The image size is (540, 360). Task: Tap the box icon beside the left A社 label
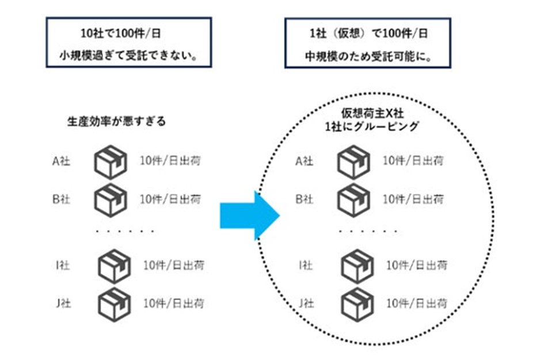pyautogui.click(x=110, y=162)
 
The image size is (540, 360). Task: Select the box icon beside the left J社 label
pyautogui.click(x=114, y=304)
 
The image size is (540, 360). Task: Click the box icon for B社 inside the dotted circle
pyautogui.click(x=353, y=200)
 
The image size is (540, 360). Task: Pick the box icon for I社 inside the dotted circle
pyautogui.click(x=358, y=266)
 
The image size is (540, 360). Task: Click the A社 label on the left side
pyautogui.click(x=60, y=161)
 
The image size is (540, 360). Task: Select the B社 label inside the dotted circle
pyautogui.click(x=304, y=199)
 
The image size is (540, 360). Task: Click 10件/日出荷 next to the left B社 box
pyautogui.click(x=170, y=199)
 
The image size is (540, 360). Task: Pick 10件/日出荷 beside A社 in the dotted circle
pyautogui.click(x=413, y=161)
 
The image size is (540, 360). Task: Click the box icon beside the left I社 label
pyautogui.click(x=114, y=266)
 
